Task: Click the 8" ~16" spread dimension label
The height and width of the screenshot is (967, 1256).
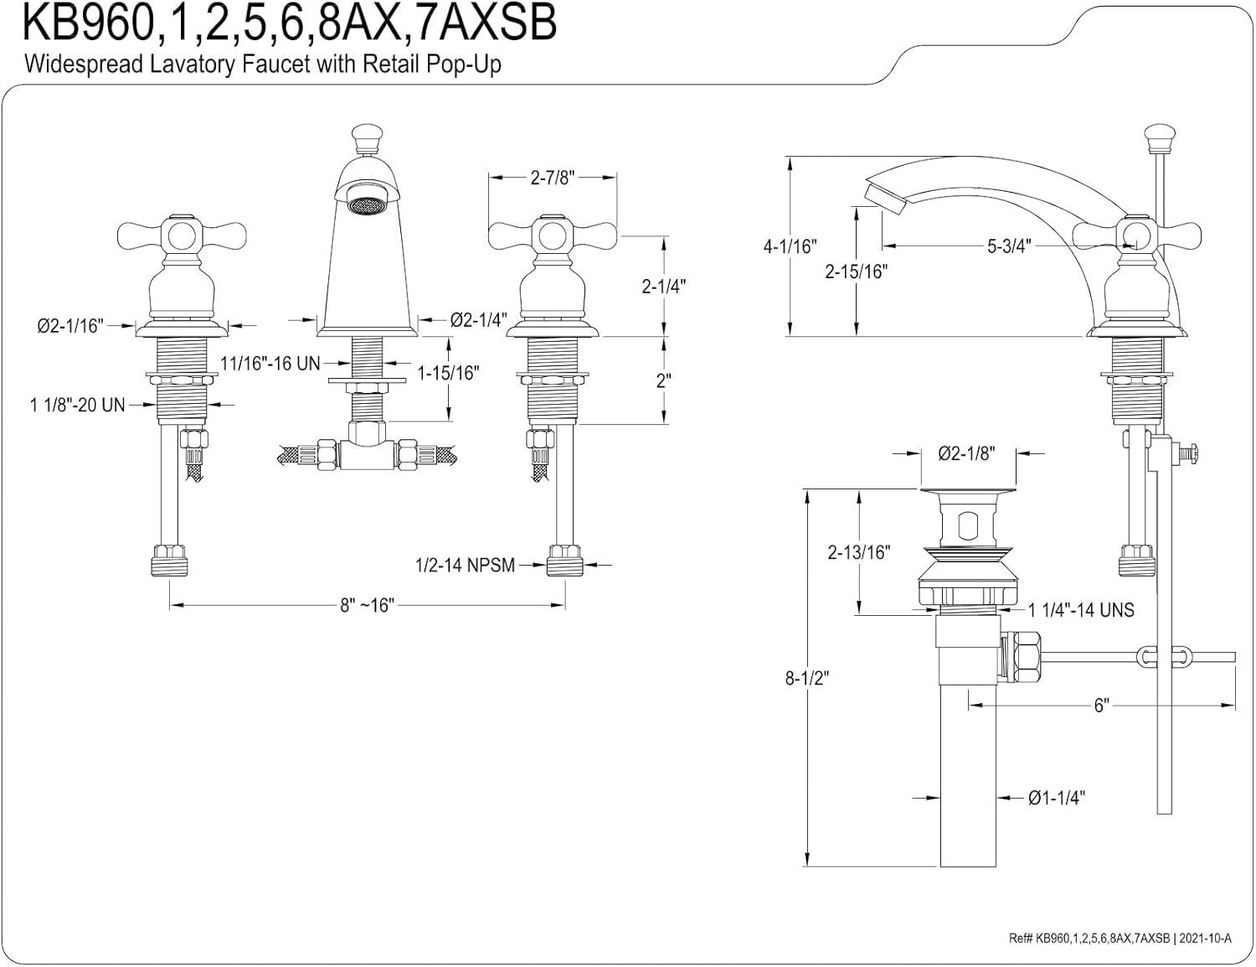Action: point(367,605)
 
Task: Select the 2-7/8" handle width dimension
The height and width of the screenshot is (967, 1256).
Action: point(552,178)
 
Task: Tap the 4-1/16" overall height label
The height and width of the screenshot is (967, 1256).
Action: point(790,246)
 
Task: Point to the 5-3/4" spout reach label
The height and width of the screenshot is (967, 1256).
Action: point(1009,246)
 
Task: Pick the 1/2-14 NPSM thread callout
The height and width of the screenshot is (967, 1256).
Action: point(465,566)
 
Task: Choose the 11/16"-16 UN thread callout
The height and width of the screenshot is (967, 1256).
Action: point(270,363)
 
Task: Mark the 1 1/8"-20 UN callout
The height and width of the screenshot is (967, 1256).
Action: point(77,405)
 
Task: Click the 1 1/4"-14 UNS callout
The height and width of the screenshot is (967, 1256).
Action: point(1081,610)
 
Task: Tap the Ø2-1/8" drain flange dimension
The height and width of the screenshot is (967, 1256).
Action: point(966,453)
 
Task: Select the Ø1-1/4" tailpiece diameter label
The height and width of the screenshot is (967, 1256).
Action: point(1057,797)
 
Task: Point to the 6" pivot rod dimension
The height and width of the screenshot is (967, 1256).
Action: point(1101,706)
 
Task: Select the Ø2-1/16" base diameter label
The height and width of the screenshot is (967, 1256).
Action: point(69,325)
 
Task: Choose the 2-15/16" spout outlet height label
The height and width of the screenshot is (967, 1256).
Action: point(856,271)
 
